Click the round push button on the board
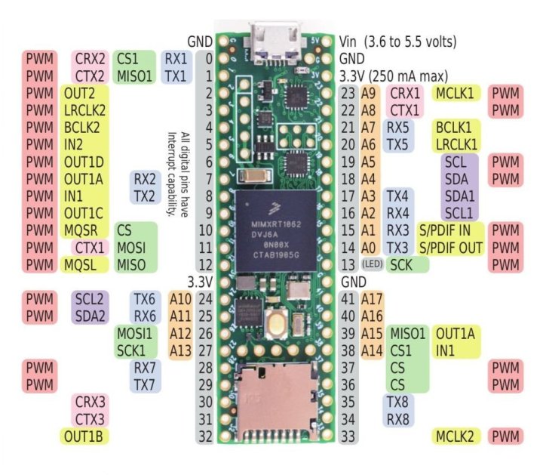pos(277,323)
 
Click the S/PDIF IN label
pos(450,229)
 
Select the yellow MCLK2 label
pos(456,436)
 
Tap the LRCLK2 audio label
pos(84,110)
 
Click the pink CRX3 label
pos(89,400)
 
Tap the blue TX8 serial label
pos(397,401)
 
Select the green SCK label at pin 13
pos(406,264)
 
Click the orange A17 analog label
pos(373,298)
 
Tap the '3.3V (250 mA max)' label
pos(394,76)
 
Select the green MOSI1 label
pos(134,332)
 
